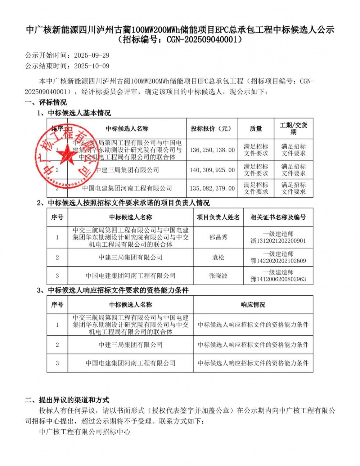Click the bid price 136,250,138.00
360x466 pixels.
coord(212,150)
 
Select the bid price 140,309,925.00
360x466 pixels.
coord(212,170)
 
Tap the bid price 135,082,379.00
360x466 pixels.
coord(212,188)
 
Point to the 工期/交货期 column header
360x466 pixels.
coord(293,129)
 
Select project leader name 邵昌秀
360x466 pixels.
coord(218,237)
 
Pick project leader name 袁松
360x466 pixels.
coord(218,257)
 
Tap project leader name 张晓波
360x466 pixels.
coord(218,276)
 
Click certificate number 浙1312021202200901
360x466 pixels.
coord(278,241)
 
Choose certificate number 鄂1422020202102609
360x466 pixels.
coord(278,261)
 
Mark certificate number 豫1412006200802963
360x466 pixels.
coord(278,279)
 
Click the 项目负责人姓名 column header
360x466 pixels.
coord(218,217)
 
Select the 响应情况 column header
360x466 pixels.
coord(253,305)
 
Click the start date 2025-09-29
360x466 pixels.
coord(91,56)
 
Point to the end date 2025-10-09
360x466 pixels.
coord(91,66)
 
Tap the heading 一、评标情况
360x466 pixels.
coord(46,102)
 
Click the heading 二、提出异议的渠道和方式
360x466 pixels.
coord(67,400)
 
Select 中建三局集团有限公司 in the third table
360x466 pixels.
coord(130,345)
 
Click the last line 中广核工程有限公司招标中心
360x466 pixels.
coord(85,431)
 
